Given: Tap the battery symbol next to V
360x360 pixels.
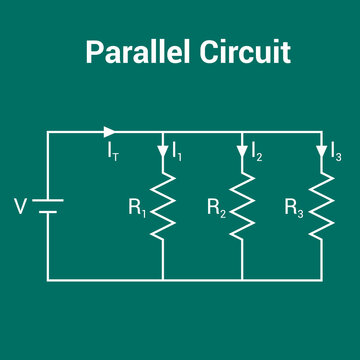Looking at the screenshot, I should (48, 206).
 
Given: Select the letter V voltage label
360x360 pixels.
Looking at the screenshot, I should (21, 207).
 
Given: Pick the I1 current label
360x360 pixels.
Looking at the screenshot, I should (177, 153).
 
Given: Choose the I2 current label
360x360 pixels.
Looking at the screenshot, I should (257, 153).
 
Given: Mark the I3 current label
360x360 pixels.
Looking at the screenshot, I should (335, 153).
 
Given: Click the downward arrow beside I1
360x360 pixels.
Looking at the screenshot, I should (162, 152).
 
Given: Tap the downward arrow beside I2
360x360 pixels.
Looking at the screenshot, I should (242, 152).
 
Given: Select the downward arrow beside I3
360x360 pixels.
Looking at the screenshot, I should (320, 152).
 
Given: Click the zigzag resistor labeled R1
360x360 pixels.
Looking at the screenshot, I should (162, 206).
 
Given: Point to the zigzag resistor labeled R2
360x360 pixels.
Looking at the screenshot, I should (242, 206).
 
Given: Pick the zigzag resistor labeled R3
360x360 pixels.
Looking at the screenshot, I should (320, 206).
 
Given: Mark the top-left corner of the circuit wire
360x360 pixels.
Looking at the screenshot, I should (48, 131).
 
